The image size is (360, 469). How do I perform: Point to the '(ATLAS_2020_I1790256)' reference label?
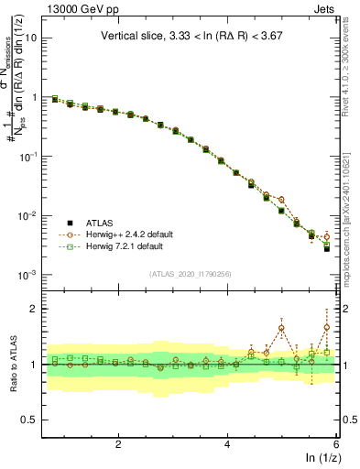click(190, 273)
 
